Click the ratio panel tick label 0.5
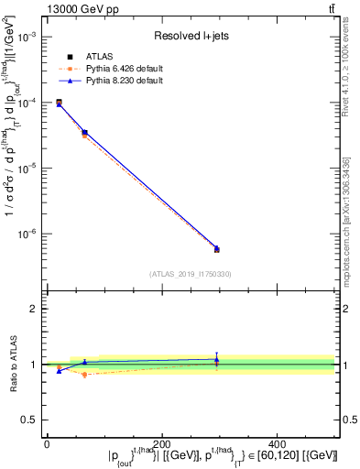(x=31, y=420)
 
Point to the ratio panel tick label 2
(x=35, y=309)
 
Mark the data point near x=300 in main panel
(x=216, y=249)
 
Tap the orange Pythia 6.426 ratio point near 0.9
(x=84, y=375)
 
